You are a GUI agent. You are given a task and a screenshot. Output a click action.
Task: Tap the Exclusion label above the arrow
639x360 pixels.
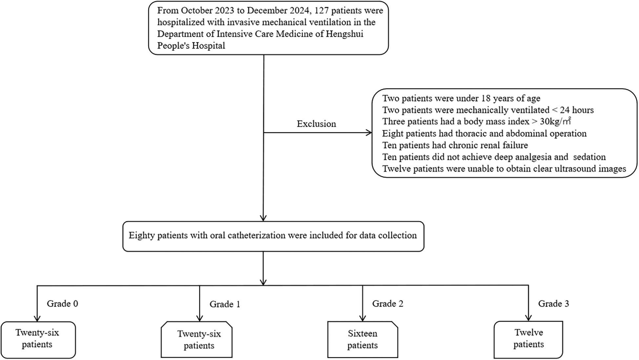pos(316,124)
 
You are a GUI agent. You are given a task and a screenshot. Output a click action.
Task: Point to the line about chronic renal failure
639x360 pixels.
pos(455,145)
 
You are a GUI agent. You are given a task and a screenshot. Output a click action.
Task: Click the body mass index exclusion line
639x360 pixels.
pos(476,121)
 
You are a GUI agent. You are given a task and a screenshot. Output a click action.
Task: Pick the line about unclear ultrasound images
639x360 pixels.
pos(504,169)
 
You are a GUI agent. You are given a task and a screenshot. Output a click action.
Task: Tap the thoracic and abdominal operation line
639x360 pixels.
pos(484,134)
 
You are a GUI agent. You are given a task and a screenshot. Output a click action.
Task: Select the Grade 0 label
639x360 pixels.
pos(62,304)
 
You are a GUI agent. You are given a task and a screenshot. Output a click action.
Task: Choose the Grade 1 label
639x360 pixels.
pos(225,304)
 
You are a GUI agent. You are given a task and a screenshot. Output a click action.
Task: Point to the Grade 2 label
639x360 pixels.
pos(387,304)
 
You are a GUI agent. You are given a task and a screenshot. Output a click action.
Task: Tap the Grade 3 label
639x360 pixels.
pos(553,304)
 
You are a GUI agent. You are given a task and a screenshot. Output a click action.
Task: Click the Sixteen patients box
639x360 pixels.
pos(362,339)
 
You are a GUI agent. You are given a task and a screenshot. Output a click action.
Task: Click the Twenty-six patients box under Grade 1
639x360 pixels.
pos(199,340)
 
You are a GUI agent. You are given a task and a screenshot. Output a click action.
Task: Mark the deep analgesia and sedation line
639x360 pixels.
pos(494,157)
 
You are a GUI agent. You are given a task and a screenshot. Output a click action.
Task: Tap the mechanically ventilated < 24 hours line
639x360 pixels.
pos(488,110)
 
